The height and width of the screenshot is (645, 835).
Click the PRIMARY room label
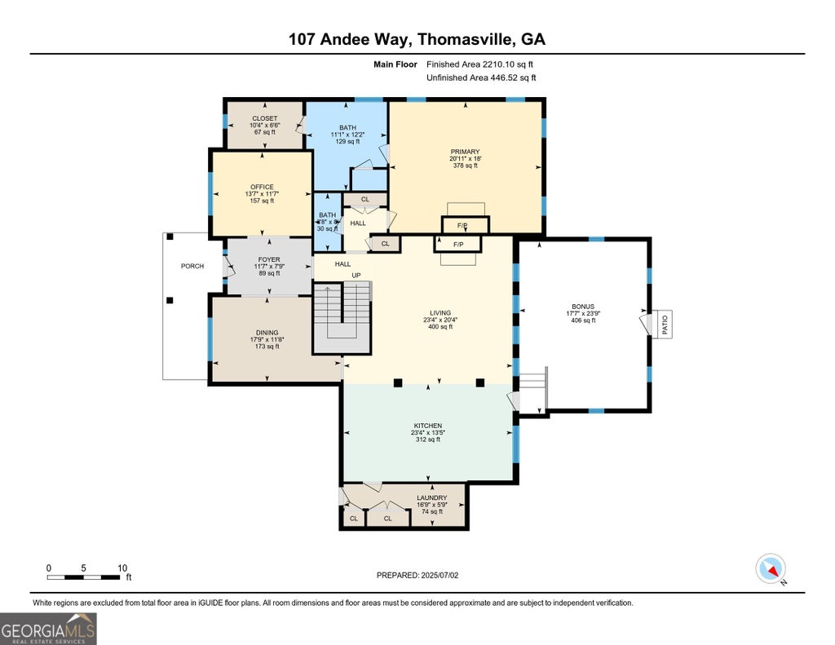click(x=465, y=152)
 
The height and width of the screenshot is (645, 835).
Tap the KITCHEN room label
click(x=428, y=426)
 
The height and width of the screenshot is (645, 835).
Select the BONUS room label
click(x=583, y=307)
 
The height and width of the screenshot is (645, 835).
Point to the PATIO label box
click(x=665, y=324)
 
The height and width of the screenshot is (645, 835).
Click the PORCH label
click(x=192, y=267)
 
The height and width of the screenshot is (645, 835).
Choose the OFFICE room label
click(x=262, y=187)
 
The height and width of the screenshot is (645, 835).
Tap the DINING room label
click(x=267, y=333)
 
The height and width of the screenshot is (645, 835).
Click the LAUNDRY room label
click(x=432, y=498)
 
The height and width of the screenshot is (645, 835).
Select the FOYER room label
click(x=269, y=260)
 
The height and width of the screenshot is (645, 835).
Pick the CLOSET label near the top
click(x=265, y=119)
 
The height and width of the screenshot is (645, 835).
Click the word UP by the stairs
click(x=356, y=276)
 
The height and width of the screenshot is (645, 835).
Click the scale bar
click(x=84, y=577)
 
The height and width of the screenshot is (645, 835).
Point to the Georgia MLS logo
click(x=48, y=629)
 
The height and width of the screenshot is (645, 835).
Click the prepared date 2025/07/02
click(x=440, y=575)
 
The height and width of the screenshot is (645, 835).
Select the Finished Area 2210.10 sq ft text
click(x=479, y=64)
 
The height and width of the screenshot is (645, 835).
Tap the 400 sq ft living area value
click(x=440, y=327)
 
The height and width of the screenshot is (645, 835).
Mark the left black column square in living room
click(x=398, y=382)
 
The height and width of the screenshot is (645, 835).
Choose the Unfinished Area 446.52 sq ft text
click(x=481, y=77)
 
